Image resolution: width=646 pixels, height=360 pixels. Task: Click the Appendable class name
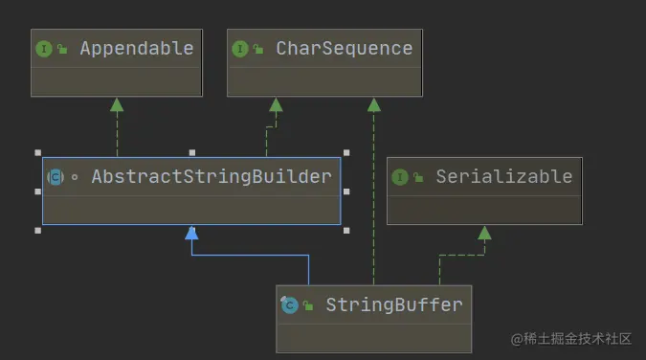tap(137, 48)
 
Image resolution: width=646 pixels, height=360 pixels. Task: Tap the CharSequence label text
tap(344, 48)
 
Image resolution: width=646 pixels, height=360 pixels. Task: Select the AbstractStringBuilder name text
tap(211, 176)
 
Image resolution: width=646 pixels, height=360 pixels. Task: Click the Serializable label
tap(503, 176)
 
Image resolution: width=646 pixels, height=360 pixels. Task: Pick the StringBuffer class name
tap(393, 304)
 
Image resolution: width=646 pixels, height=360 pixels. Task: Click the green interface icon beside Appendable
tap(44, 49)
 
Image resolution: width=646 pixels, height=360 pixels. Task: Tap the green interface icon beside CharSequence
tap(240, 49)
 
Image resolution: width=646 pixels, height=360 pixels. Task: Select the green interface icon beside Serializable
tap(400, 177)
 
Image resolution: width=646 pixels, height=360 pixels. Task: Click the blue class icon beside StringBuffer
tap(289, 305)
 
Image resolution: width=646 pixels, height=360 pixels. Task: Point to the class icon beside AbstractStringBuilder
tap(56, 177)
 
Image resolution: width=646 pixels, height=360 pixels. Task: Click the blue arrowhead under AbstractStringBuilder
tap(191, 233)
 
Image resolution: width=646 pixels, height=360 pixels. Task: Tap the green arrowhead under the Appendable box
tap(117, 104)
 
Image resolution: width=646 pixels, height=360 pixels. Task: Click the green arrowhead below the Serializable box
tap(484, 233)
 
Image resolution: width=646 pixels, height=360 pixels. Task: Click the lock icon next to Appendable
tap(63, 50)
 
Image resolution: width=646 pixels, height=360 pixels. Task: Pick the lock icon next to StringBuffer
tap(308, 306)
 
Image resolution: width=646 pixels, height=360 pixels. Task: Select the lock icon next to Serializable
tap(419, 178)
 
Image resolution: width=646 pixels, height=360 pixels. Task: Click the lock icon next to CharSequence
tap(259, 50)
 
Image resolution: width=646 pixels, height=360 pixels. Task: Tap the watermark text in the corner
tap(571, 339)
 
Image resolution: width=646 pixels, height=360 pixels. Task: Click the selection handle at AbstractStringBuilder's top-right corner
tap(345, 152)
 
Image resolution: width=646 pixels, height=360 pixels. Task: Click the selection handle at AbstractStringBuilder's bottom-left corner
tap(37, 230)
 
